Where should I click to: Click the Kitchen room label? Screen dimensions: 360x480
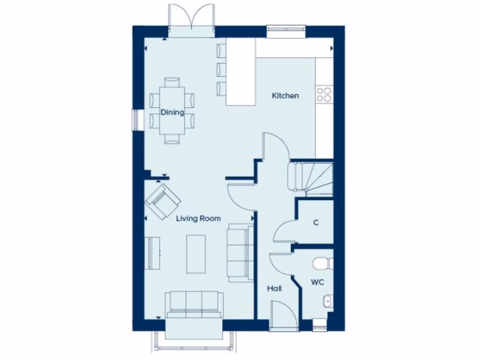[x=285, y=96]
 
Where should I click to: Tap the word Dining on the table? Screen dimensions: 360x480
[x=172, y=112]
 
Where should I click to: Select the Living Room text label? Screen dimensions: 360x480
[x=198, y=218]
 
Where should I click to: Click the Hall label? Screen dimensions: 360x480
[x=274, y=289]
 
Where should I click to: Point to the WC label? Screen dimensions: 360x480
[x=317, y=282]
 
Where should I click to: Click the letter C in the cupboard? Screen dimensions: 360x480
[x=316, y=223]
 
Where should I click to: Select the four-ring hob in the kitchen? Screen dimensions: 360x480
[x=323, y=94]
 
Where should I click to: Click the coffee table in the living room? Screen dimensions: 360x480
[x=196, y=254]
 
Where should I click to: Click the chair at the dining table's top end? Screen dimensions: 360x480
[x=172, y=82]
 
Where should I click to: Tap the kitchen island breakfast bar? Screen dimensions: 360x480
[x=241, y=72]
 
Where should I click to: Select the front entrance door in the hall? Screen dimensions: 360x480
[x=284, y=316]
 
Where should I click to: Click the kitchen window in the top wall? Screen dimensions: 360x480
[x=285, y=31]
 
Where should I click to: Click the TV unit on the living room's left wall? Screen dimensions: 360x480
[x=152, y=253]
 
